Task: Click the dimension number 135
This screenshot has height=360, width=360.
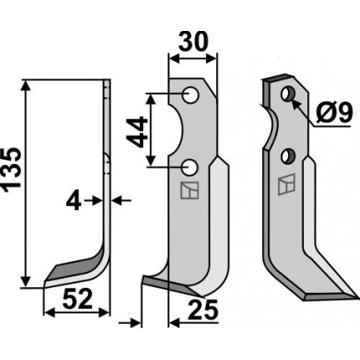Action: coord(12,170)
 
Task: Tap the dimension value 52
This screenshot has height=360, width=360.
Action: coord(77,299)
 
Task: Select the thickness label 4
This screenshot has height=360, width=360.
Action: coord(74,203)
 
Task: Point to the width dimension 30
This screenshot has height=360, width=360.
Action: coord(193,42)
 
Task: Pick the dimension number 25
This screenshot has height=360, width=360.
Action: coord(203,310)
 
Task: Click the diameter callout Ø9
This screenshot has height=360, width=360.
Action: coord(335,112)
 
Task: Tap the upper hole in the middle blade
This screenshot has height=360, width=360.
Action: coord(191,95)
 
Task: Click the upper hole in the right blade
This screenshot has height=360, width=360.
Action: coord(286,94)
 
